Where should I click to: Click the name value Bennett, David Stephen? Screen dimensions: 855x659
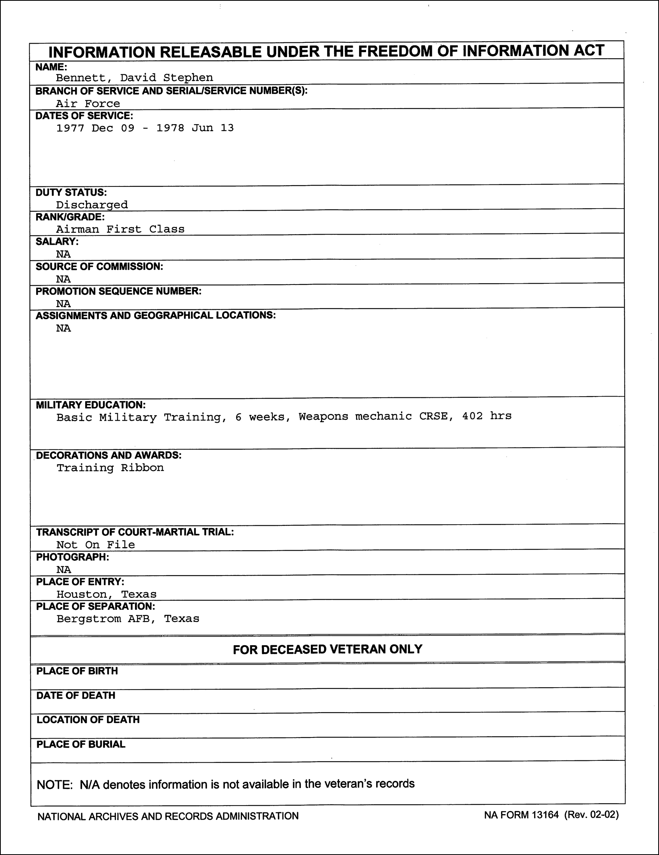pyautogui.click(x=134, y=78)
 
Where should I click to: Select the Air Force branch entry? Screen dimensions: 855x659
pyautogui.click(x=88, y=104)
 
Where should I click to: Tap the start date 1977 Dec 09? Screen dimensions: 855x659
pyautogui.click(x=95, y=128)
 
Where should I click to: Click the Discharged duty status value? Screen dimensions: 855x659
pyautogui.click(x=91, y=205)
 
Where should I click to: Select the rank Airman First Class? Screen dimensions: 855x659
pyautogui.click(x=120, y=229)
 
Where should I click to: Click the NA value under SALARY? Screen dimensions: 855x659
pyautogui.click(x=63, y=255)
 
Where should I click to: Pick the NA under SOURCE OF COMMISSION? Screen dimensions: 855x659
pyautogui.click(x=63, y=279)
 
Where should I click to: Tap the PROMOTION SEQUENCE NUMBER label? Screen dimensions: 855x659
pyautogui.click(x=119, y=291)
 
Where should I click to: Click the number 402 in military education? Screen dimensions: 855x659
pyautogui.click(x=472, y=416)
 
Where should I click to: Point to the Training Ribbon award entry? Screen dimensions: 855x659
pyautogui.click(x=110, y=468)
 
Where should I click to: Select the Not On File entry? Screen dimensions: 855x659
pyautogui.click(x=95, y=544)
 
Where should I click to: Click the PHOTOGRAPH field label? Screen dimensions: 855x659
pyautogui.click(x=72, y=557)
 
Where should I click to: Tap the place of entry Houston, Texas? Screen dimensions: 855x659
pyautogui.click(x=106, y=594)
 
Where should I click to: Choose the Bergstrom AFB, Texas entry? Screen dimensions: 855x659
pyautogui.click(x=128, y=618)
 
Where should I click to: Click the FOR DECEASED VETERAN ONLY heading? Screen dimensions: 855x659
pyautogui.click(x=328, y=650)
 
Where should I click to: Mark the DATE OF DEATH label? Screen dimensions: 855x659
pyautogui.click(x=76, y=695)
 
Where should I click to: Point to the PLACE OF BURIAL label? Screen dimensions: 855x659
pyautogui.click(x=81, y=744)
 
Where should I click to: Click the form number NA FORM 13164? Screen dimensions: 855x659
pyautogui.click(x=521, y=815)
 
